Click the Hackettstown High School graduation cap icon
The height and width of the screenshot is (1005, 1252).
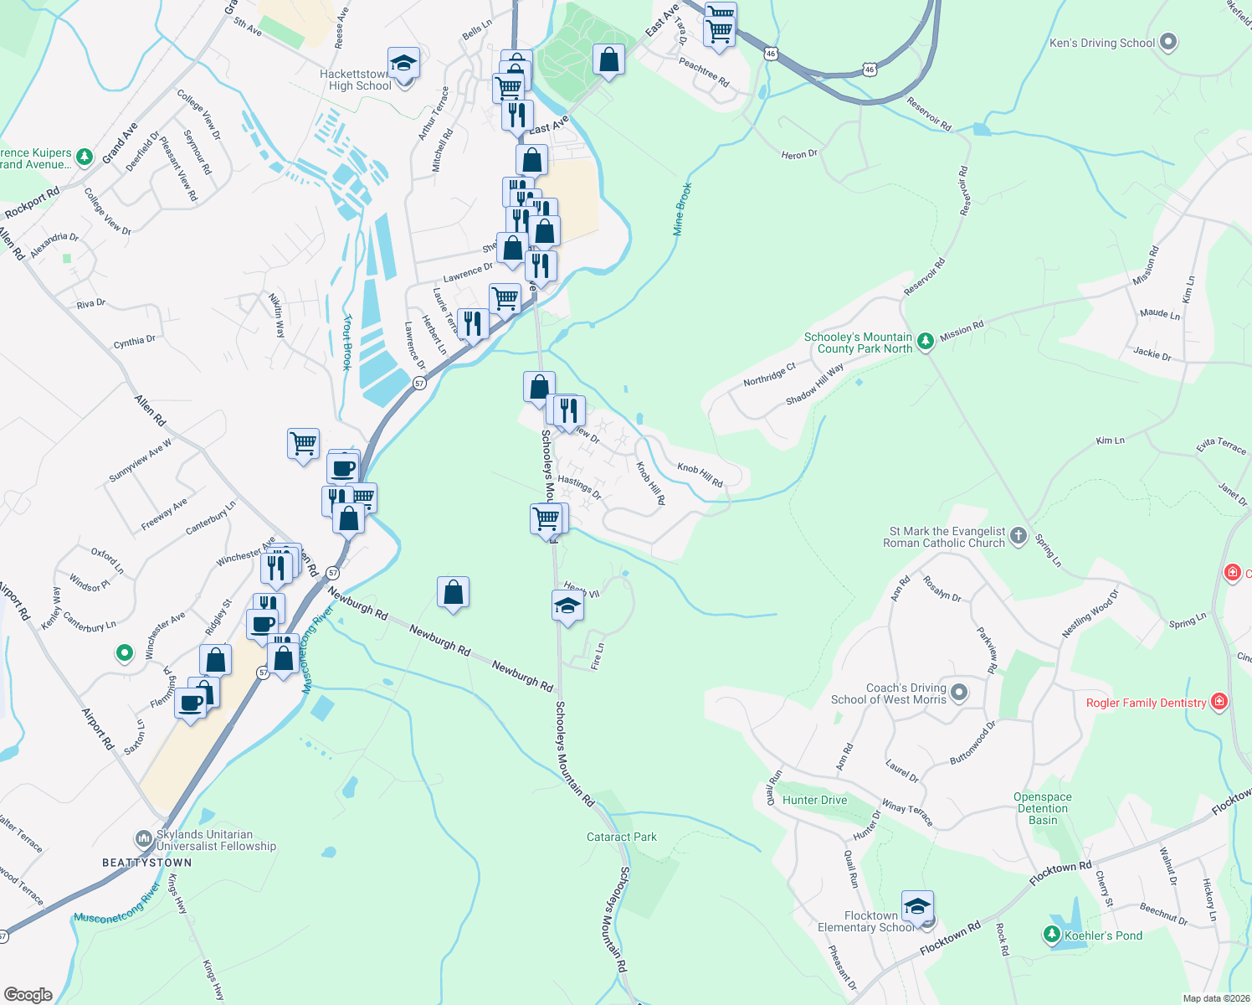(x=403, y=64)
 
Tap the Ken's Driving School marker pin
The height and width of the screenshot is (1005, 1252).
(x=1169, y=42)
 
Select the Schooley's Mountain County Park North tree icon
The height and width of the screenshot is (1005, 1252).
(x=925, y=341)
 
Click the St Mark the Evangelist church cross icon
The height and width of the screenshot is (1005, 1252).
(x=1018, y=536)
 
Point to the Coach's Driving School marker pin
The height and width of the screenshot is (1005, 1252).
(x=960, y=693)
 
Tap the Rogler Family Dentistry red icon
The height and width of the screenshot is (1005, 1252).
(x=1219, y=701)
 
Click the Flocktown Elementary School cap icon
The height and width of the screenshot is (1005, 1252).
(x=917, y=907)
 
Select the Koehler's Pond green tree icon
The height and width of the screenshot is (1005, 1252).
(x=1051, y=934)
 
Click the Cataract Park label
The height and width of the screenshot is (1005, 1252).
(x=621, y=837)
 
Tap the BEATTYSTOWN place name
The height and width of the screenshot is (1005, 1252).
(x=147, y=863)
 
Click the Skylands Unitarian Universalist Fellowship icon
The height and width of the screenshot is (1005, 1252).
(x=143, y=838)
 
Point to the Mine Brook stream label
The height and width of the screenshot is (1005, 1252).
(x=683, y=209)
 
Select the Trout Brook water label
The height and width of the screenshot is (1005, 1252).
(x=347, y=343)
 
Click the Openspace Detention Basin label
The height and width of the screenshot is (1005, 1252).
(x=1042, y=808)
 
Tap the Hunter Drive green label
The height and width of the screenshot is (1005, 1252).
(x=814, y=800)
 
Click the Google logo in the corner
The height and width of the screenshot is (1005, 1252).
(x=28, y=994)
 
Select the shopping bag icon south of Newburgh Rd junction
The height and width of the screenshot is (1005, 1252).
(x=453, y=592)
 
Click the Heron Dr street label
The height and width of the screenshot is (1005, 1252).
(x=798, y=154)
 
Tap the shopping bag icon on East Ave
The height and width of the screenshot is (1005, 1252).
(x=608, y=60)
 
